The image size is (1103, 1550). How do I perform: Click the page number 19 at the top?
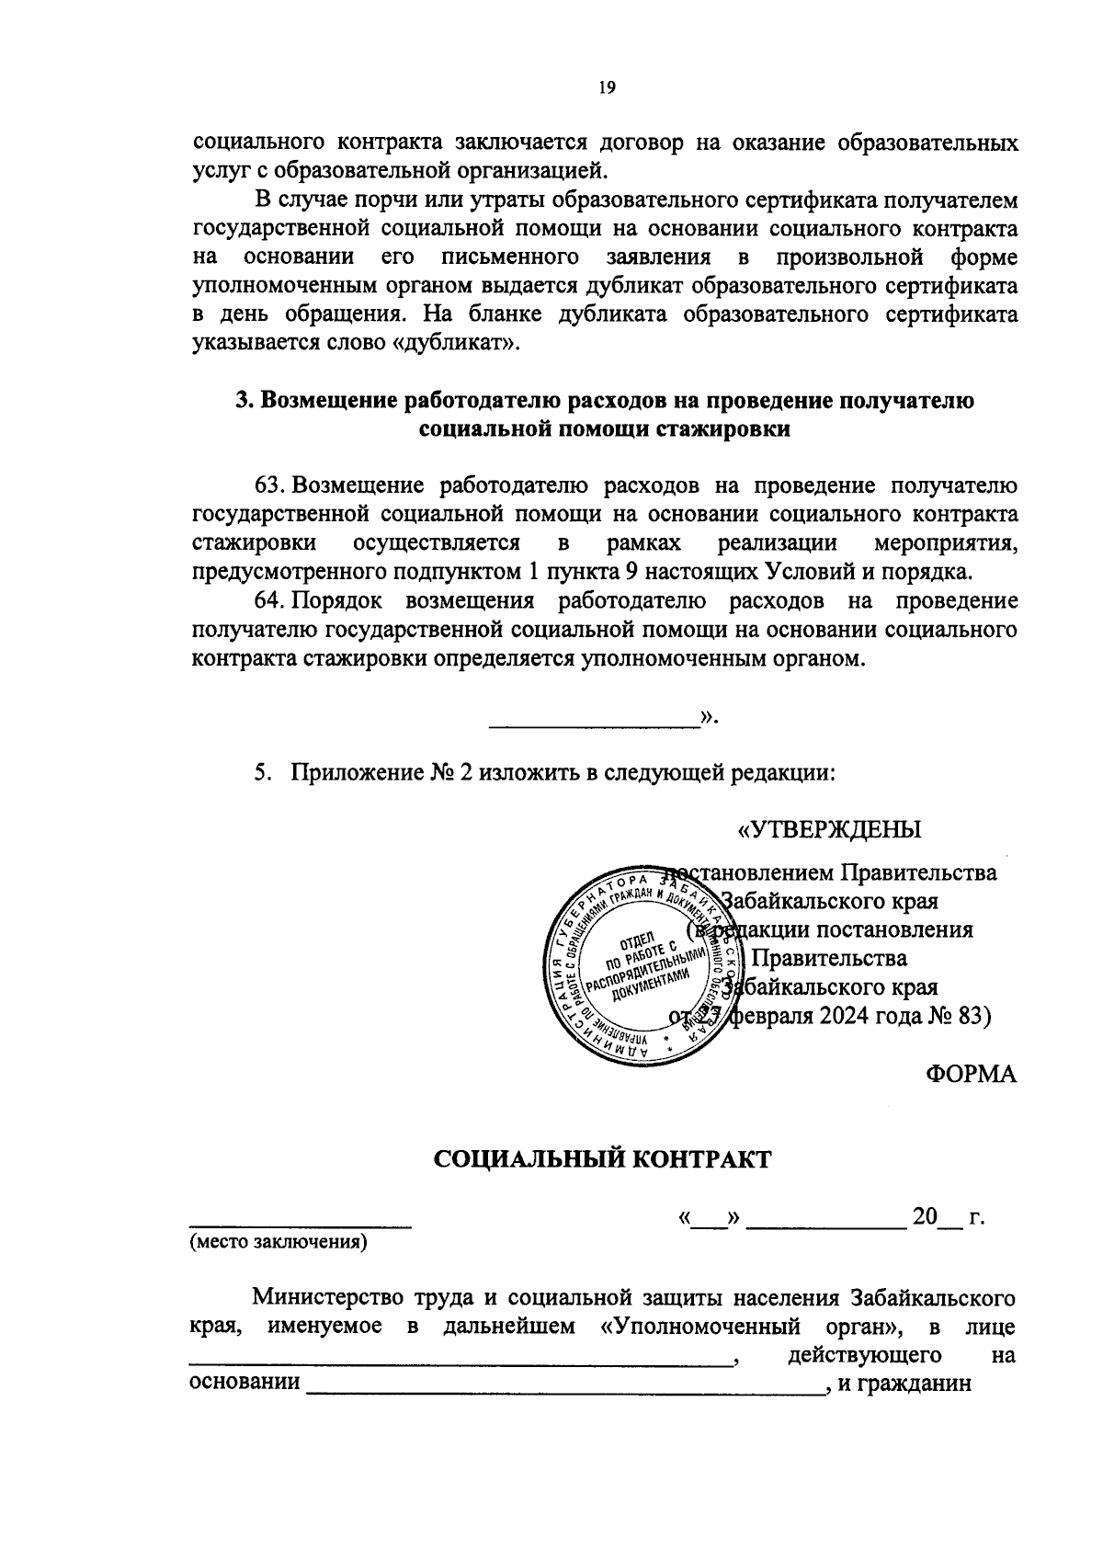pyautogui.click(x=605, y=88)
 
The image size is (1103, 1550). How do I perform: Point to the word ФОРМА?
pyautogui.click(x=972, y=1074)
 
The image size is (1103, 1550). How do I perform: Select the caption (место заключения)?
pyautogui.click(x=278, y=1244)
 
